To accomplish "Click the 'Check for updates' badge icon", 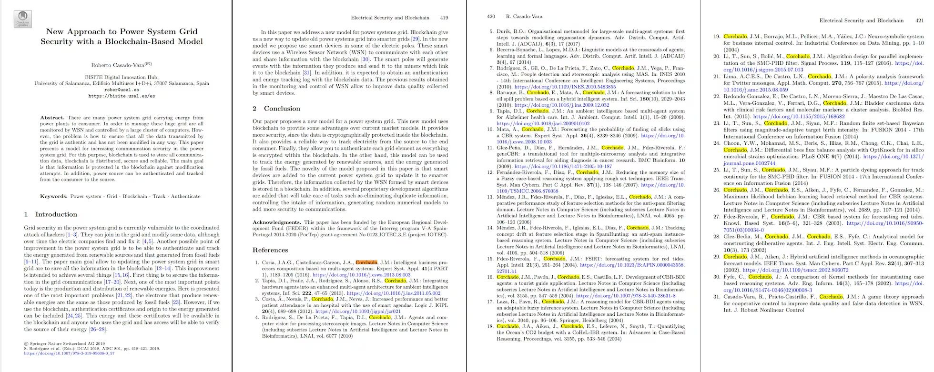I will pyautogui.click(x=23, y=18).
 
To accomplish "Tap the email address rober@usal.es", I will pyautogui.click(x=122, y=90).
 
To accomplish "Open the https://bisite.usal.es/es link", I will pyautogui.click(x=122, y=96).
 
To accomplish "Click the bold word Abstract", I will pyautogui.click(x=52, y=118).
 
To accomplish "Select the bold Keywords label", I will pyautogui.click(x=53, y=196).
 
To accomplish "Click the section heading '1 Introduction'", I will pyautogui.click(x=51, y=214).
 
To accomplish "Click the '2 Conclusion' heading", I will pyautogui.click(x=276, y=109).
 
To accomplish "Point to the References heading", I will pyautogui.click(x=270, y=250).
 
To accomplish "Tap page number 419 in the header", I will pyautogui.click(x=444, y=18).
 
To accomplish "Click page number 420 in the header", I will pyautogui.click(x=491, y=16).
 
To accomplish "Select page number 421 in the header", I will pyautogui.click(x=919, y=20).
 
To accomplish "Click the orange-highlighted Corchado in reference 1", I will pyautogui.click(x=366, y=262).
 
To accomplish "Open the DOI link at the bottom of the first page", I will pyautogui.click(x=69, y=353).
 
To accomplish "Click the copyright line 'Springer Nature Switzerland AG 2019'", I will pyautogui.click(x=67, y=343).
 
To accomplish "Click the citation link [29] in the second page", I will pyautogui.click(x=415, y=39).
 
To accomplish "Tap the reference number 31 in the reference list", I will pyautogui.click(x=716, y=297).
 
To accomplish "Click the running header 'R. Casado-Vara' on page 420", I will pyautogui.click(x=524, y=16).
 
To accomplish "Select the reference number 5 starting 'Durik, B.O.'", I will pyautogui.click(x=491, y=32).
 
